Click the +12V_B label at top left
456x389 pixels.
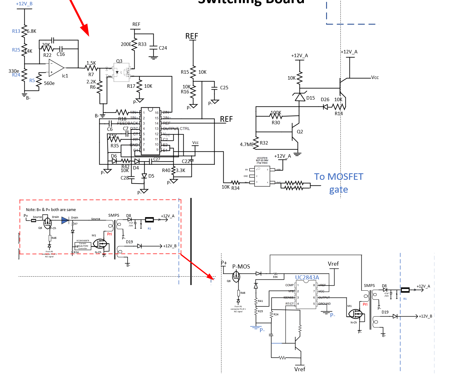(24, 4)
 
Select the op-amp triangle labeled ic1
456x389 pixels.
(56, 67)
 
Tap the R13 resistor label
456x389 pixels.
(16, 31)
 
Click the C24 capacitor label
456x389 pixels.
(163, 48)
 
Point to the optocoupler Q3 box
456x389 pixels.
(121, 72)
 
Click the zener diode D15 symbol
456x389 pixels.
(300, 97)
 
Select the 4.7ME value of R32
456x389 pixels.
(246, 145)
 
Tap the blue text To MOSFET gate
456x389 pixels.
(339, 183)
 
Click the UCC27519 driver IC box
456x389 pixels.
(262, 176)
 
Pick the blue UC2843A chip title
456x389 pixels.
(307, 278)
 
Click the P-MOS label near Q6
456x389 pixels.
(241, 267)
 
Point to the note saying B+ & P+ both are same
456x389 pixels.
(51, 210)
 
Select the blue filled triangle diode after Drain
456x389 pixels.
(65, 221)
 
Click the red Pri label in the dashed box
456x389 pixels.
(109, 234)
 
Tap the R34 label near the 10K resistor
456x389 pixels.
(235, 188)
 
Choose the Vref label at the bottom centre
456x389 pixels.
(300, 369)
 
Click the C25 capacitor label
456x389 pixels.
(224, 88)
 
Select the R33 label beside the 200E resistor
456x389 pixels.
(142, 44)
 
